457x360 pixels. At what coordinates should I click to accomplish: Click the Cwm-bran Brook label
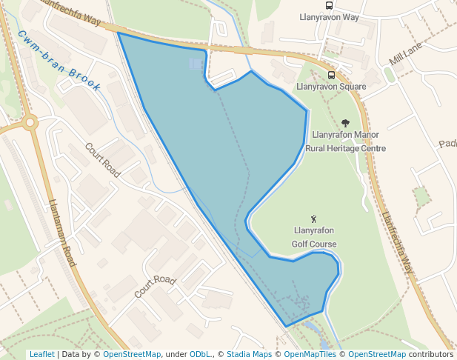click(x=59, y=61)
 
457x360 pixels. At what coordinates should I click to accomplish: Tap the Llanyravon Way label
click(x=330, y=17)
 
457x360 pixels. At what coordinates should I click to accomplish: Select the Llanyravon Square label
click(x=331, y=87)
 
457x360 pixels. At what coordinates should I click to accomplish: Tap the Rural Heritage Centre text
click(x=346, y=148)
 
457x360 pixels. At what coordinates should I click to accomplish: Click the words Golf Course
click(x=314, y=244)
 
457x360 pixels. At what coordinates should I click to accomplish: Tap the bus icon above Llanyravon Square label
click(x=331, y=75)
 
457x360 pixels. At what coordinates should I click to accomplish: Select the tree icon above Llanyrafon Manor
click(x=345, y=123)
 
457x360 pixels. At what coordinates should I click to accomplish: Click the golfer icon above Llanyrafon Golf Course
click(x=314, y=219)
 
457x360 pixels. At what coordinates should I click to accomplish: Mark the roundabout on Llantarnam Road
click(x=30, y=123)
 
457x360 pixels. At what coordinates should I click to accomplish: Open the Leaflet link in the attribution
click(x=41, y=354)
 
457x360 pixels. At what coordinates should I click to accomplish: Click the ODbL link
click(x=200, y=354)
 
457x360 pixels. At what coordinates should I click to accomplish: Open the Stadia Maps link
click(x=249, y=354)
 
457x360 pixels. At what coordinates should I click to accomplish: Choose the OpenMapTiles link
click(x=310, y=354)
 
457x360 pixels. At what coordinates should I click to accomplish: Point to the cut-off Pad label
click(x=447, y=144)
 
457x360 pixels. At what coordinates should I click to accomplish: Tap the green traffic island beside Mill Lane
click(x=389, y=75)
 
